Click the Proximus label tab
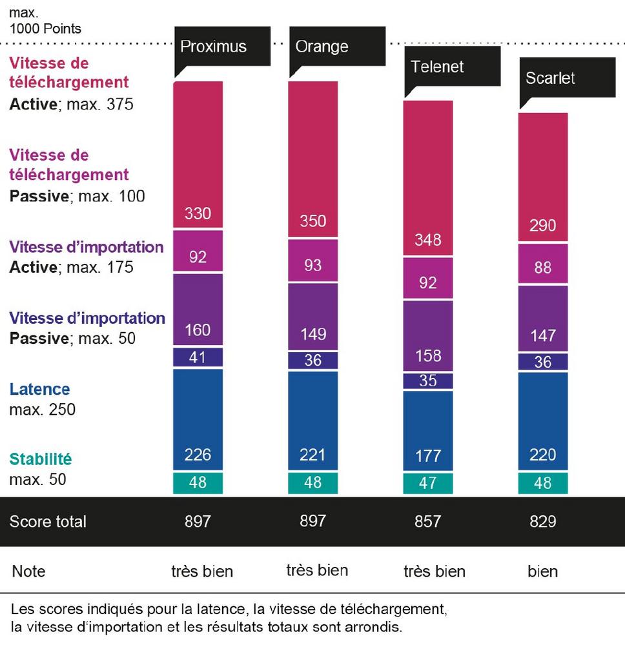click(213, 46)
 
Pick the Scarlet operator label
click(550, 78)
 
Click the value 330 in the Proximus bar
click(198, 213)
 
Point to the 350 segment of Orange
click(312, 221)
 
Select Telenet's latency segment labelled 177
click(427, 456)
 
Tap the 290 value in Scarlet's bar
click(543, 226)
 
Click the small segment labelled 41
click(198, 357)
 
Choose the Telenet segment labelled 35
click(427, 381)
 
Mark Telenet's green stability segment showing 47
click(427, 483)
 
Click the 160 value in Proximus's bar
click(198, 330)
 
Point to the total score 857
click(427, 521)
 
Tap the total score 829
click(543, 521)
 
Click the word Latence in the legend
click(39, 390)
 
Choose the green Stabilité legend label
click(40, 460)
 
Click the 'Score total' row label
click(47, 521)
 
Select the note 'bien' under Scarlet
click(543, 571)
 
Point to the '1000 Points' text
click(45, 29)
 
